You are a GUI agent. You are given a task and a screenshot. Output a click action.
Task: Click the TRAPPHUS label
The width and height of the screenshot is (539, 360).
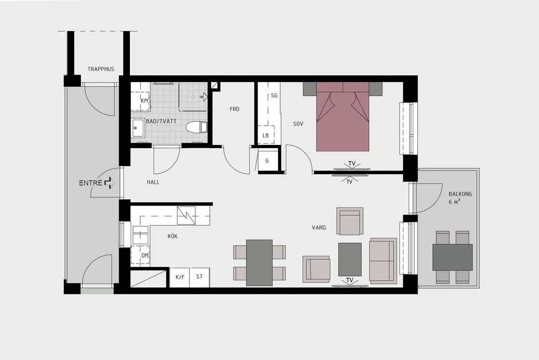click(101, 69)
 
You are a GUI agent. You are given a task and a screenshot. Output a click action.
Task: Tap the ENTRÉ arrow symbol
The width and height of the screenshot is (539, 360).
click(109, 183)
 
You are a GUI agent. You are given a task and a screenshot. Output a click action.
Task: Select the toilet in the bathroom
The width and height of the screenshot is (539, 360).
click(197, 127)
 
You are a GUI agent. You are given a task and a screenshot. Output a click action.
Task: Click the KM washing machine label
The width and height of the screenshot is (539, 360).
click(144, 101)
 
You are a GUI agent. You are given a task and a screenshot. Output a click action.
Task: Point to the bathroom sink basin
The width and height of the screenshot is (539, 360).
click(137, 128)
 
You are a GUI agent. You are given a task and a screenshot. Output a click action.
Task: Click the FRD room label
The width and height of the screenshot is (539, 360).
click(234, 109)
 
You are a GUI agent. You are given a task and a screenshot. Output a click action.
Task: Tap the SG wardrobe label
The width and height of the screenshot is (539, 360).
click(274, 96)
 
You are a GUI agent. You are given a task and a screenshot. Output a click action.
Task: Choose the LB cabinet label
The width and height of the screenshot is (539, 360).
click(265, 136)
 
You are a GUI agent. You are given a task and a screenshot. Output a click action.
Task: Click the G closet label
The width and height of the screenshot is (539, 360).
click(267, 161)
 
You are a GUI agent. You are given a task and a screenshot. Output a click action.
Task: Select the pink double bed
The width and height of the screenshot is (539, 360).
click(342, 117)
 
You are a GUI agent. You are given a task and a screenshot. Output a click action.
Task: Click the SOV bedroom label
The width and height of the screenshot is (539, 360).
click(298, 124)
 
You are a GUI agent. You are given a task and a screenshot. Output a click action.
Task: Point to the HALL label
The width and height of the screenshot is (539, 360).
click(153, 182)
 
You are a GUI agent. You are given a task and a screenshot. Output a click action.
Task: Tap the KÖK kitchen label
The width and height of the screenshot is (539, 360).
click(172, 236)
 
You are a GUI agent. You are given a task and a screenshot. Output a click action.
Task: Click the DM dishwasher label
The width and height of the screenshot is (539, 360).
click(145, 255)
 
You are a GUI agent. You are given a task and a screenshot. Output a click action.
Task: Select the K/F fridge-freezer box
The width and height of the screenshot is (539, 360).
click(180, 277)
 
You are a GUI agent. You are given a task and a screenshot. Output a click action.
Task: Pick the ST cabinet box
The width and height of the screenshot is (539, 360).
click(199, 277)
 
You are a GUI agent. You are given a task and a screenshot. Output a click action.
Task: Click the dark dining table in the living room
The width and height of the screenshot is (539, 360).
click(260, 263)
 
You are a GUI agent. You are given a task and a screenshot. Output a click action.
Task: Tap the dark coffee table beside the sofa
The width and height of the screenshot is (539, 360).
click(350, 259)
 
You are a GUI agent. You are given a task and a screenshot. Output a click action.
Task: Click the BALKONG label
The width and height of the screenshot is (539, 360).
click(460, 194)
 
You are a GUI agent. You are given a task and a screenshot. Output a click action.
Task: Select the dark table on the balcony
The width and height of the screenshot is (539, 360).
click(452, 258)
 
